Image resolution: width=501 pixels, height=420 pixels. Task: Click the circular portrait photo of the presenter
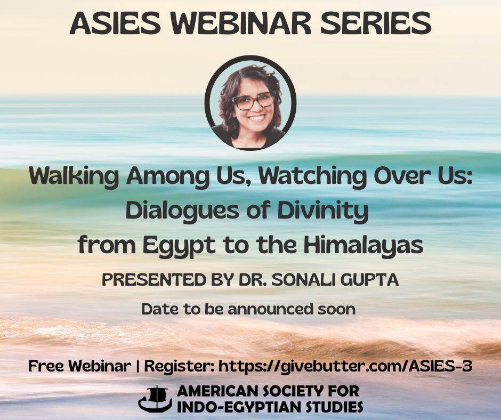coord(250,106)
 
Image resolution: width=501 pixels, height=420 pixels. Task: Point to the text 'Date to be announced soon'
coord(248,309)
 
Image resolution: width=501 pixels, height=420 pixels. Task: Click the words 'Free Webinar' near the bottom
coord(79,366)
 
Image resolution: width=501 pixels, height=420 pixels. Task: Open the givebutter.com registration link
coord(345,366)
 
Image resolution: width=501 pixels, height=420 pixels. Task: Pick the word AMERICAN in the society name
coord(218,392)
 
